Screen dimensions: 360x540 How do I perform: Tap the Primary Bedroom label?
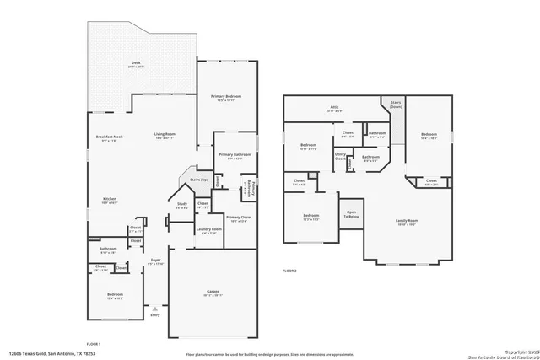(226, 98)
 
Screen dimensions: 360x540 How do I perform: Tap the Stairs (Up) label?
(198, 180)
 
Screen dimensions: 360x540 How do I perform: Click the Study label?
(181, 204)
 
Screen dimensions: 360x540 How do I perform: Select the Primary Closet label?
(239, 218)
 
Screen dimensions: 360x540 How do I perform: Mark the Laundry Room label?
(209, 229)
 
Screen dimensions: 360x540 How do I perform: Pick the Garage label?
(213, 292)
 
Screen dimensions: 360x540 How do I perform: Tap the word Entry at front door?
(154, 314)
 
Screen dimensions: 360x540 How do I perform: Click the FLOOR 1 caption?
(94, 344)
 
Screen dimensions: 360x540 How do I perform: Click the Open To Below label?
(351, 215)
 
